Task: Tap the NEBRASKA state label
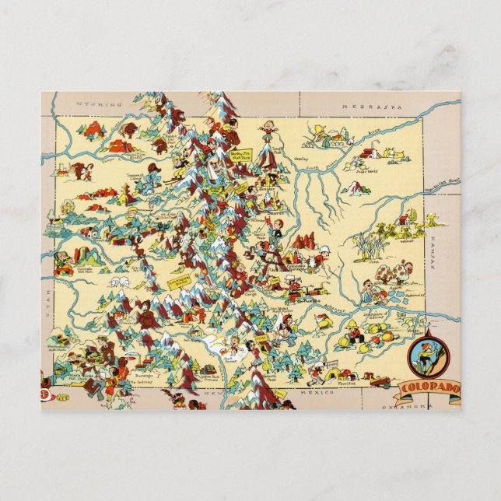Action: click(365, 103)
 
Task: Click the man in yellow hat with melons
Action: click(353, 328)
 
